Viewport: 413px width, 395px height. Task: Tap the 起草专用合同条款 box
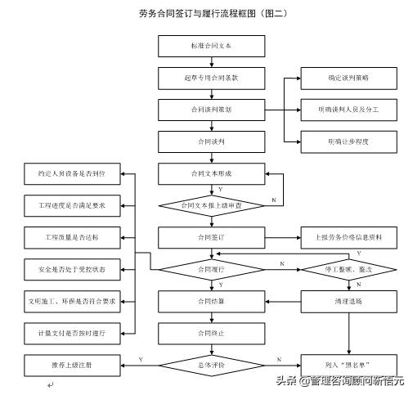coord(200,78)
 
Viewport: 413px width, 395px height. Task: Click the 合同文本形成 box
coord(200,173)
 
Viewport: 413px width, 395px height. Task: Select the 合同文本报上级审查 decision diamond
coord(200,205)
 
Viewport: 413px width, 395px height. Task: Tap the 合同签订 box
coord(200,237)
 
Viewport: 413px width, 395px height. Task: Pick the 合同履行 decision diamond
coord(200,268)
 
